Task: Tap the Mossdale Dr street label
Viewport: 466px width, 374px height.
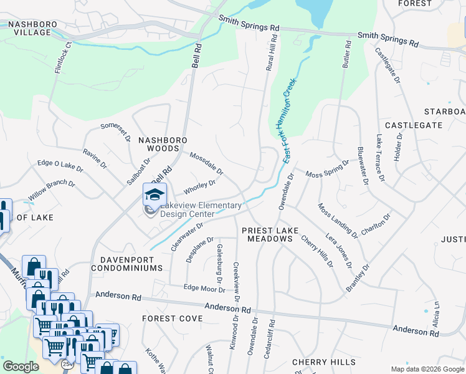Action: click(x=206, y=163)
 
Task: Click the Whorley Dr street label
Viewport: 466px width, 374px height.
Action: click(x=200, y=186)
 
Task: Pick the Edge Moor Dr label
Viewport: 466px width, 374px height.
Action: click(x=204, y=288)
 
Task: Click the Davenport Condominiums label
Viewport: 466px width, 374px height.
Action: click(x=126, y=263)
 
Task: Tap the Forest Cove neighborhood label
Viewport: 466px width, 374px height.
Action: click(x=172, y=319)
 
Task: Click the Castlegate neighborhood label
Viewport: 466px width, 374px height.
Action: click(x=413, y=125)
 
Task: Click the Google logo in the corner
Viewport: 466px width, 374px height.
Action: click(x=21, y=367)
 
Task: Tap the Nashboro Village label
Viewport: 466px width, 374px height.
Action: click(x=32, y=29)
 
